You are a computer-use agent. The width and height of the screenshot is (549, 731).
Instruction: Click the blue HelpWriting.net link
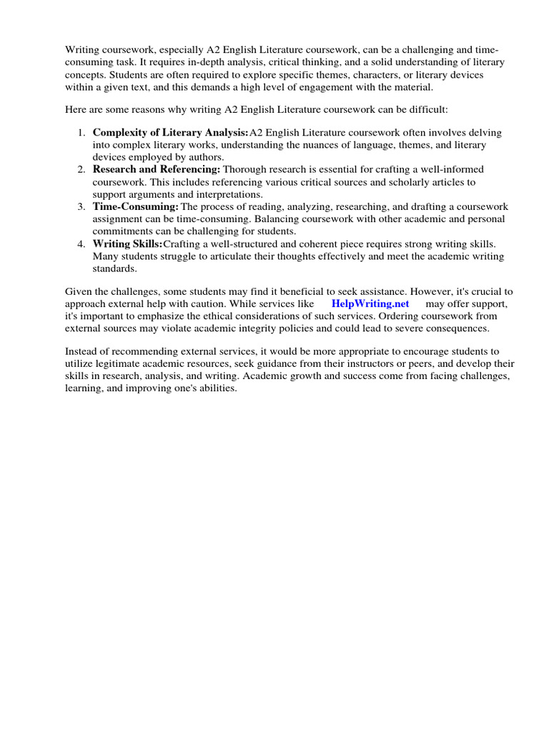[x=370, y=303]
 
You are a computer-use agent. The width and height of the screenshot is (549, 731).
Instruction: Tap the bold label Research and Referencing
[x=157, y=169]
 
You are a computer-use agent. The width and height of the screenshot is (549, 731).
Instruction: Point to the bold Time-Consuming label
[x=135, y=206]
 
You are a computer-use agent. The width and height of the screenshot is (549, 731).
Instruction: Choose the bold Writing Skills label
[x=128, y=243]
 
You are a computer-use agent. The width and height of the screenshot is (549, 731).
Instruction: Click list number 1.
[x=81, y=133]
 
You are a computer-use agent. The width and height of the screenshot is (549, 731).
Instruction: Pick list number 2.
[x=81, y=169]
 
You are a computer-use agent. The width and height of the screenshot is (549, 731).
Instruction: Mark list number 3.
[x=81, y=206]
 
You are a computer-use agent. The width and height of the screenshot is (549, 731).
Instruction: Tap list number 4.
[x=81, y=243]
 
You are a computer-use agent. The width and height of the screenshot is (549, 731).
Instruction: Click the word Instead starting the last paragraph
[x=84, y=351]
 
